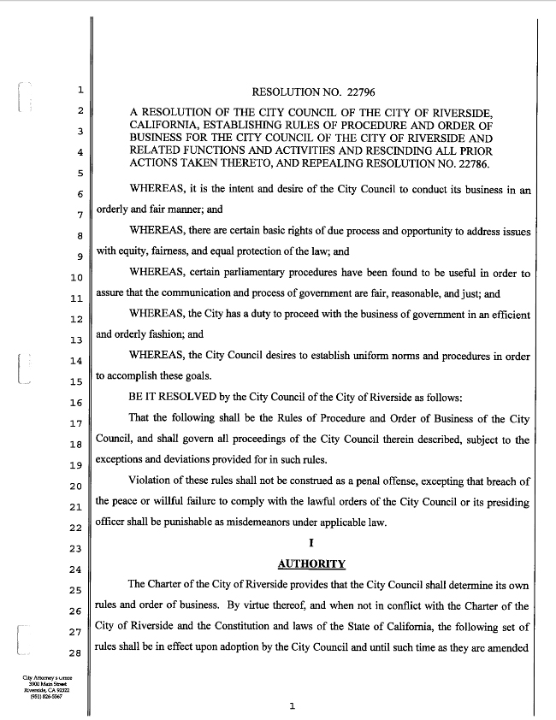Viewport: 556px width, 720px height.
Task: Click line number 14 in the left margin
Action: click(x=76, y=360)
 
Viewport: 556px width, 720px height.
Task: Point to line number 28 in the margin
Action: click(x=76, y=652)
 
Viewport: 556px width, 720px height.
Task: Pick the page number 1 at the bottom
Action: click(x=292, y=706)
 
